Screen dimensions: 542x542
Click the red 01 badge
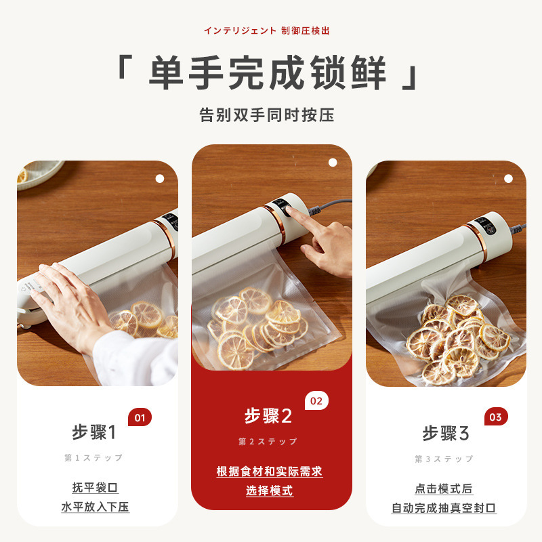pos(140,417)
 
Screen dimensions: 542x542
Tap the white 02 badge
pos(316,400)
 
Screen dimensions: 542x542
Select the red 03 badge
pos(496,417)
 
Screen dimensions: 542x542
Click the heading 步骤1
pos(94,432)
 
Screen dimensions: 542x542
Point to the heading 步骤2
pos(268,415)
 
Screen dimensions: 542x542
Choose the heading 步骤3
pos(446,433)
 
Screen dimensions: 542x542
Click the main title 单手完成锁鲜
pos(267,72)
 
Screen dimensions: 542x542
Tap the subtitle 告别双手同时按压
pos(267,114)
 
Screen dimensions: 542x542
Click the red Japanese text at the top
pos(267,30)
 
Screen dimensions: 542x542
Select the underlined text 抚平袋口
pos(95,487)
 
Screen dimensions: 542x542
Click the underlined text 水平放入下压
pos(95,507)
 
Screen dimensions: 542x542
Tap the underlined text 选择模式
pos(270,491)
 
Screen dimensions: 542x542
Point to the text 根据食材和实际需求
pos(270,471)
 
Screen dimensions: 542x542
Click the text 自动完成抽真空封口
pos(444,507)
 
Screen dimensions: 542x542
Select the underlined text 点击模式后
pos(444,488)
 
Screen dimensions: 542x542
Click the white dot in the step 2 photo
pos(333,163)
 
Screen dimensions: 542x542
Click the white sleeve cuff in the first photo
pos(135,358)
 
